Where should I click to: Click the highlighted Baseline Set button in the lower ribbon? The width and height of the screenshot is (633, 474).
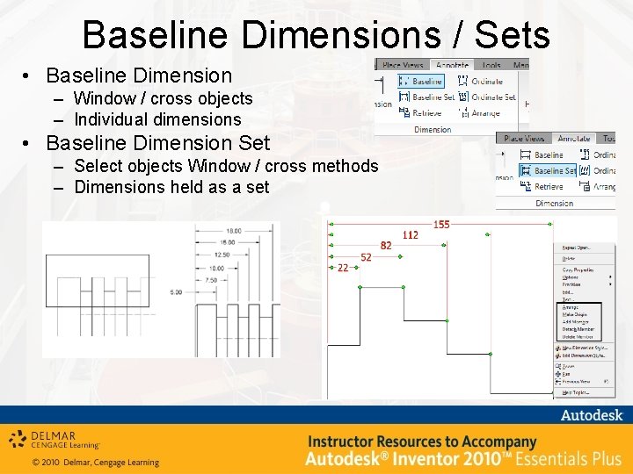tap(555, 170)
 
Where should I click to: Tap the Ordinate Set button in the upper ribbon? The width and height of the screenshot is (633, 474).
tap(492, 97)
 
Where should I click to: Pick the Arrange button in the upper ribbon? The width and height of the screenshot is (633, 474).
tap(486, 113)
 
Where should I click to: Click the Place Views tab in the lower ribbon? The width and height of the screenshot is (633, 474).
tap(525, 139)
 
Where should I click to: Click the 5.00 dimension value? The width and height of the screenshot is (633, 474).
tap(177, 292)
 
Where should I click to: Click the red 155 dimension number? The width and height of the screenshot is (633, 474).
tap(441, 225)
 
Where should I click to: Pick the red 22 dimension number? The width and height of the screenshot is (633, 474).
tap(342, 268)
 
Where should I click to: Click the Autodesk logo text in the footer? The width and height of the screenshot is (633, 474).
tap(592, 415)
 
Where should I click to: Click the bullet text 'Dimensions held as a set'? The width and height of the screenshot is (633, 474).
tap(171, 187)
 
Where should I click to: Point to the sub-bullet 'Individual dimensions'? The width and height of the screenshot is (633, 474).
tap(157, 119)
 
